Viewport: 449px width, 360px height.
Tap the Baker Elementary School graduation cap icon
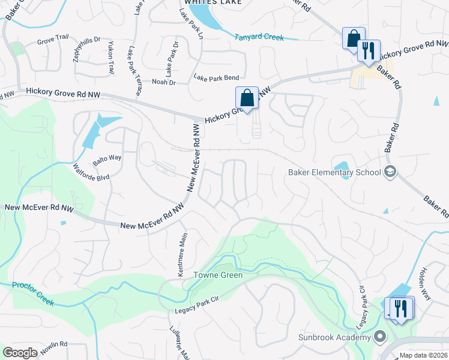(390, 172)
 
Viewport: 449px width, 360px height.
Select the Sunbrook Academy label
(334, 337)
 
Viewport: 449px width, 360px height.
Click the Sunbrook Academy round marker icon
(379, 336)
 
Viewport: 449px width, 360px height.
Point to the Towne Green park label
(217, 275)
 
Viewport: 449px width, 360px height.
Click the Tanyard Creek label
(259, 37)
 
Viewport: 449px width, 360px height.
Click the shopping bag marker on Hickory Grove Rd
(247, 97)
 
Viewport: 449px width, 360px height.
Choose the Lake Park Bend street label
(216, 77)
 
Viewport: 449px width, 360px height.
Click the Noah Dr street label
(163, 82)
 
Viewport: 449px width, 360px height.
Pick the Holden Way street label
(425, 277)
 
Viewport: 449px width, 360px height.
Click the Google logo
(20, 353)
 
